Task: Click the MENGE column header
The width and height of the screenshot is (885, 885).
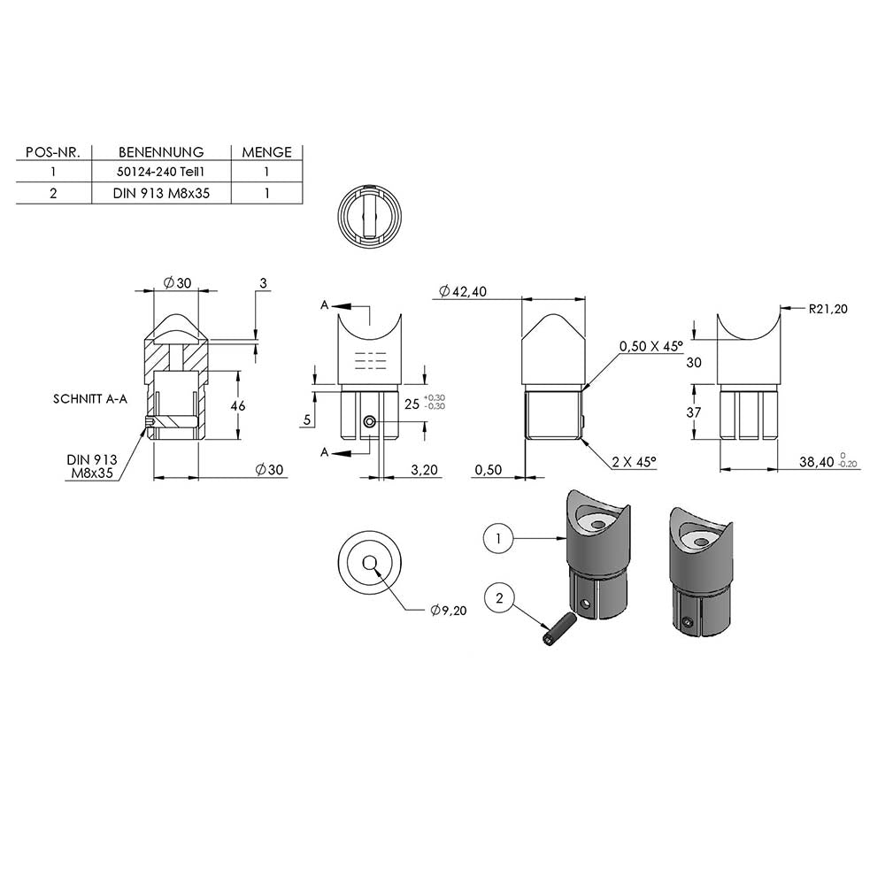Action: tap(266, 152)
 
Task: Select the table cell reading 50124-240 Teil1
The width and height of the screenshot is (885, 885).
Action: tap(161, 172)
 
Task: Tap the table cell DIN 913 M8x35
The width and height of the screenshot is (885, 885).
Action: tap(161, 193)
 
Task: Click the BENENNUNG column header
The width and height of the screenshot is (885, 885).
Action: tap(161, 152)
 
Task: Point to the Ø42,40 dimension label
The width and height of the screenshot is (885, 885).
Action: tap(462, 291)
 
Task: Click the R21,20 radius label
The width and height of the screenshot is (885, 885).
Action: tap(827, 309)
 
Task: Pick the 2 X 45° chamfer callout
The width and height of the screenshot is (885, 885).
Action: tap(634, 462)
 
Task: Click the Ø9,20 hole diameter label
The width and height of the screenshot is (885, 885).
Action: tap(448, 610)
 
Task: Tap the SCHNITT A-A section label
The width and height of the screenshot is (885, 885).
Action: tap(90, 399)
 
